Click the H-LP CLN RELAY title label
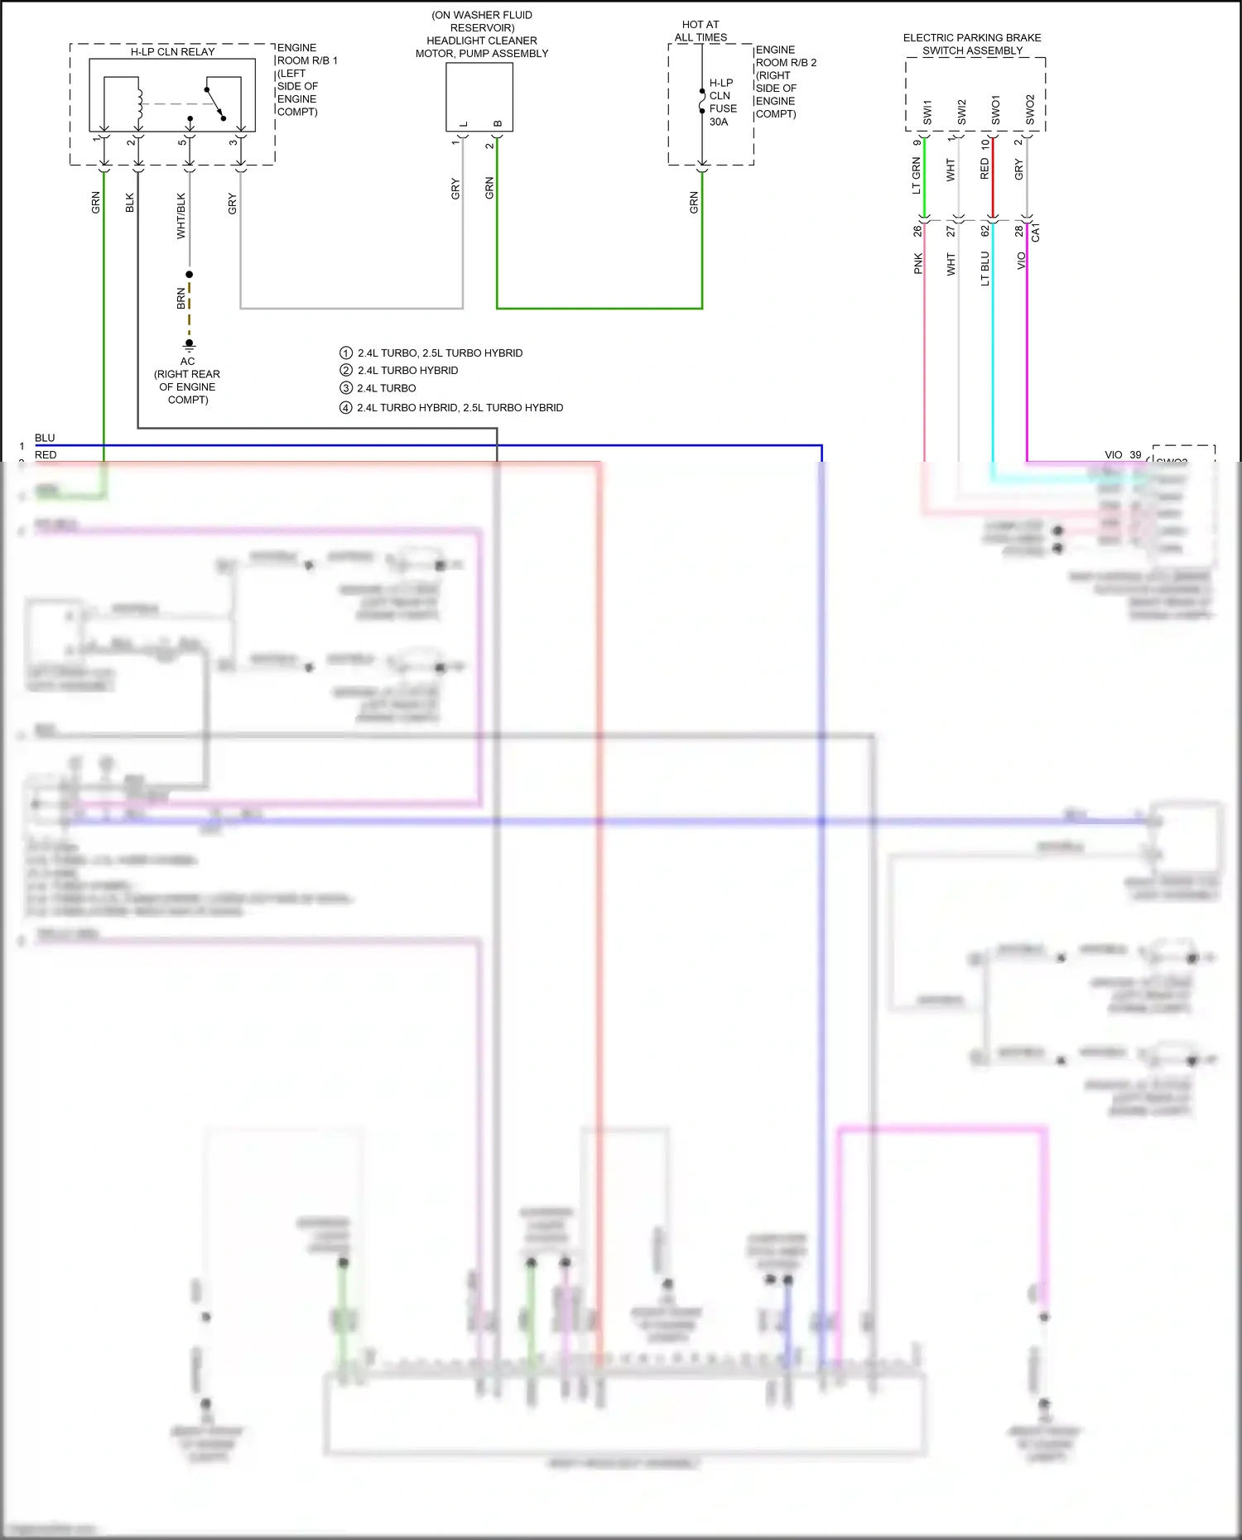point(172,52)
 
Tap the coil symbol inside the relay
point(139,102)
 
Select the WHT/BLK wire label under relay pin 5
point(181,216)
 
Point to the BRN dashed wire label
point(181,299)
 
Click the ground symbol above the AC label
point(190,345)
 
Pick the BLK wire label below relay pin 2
point(130,203)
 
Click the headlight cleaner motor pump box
point(479,95)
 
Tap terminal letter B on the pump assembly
point(498,124)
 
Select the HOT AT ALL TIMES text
point(700,31)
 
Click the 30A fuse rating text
point(719,122)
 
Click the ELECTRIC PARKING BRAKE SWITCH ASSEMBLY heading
point(972,44)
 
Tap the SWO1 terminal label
point(996,110)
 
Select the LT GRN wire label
point(916,176)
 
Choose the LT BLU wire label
point(984,269)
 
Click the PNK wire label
point(917,264)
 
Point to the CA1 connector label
point(1036,233)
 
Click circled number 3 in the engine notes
point(346,388)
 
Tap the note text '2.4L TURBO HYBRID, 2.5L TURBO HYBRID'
point(460,408)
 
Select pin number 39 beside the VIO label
point(1135,455)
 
